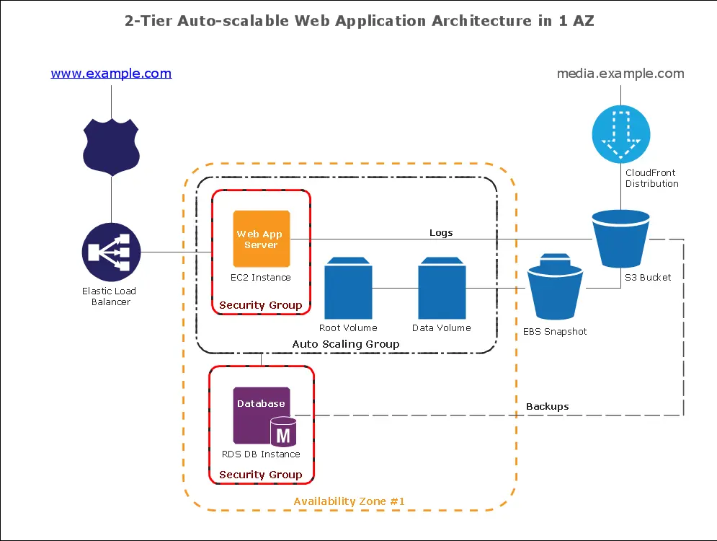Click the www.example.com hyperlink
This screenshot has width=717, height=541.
(x=111, y=74)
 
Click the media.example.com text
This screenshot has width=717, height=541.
(x=620, y=74)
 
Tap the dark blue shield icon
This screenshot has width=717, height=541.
(x=111, y=142)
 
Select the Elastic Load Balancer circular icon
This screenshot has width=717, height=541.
(x=111, y=252)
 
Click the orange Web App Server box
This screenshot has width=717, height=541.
(x=261, y=239)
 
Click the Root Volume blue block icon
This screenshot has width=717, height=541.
(x=348, y=289)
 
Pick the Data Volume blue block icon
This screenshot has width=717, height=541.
(x=442, y=289)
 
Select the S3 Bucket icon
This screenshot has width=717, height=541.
(x=620, y=238)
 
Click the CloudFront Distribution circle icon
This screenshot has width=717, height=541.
(x=620, y=133)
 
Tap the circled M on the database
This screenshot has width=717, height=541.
(x=283, y=436)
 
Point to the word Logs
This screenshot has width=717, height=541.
(x=441, y=232)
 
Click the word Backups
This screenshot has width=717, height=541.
(x=547, y=406)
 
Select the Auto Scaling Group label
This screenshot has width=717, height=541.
(x=346, y=344)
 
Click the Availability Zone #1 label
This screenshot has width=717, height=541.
(x=350, y=501)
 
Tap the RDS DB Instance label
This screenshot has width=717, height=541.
(x=261, y=454)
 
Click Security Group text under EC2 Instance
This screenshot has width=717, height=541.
(x=261, y=305)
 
